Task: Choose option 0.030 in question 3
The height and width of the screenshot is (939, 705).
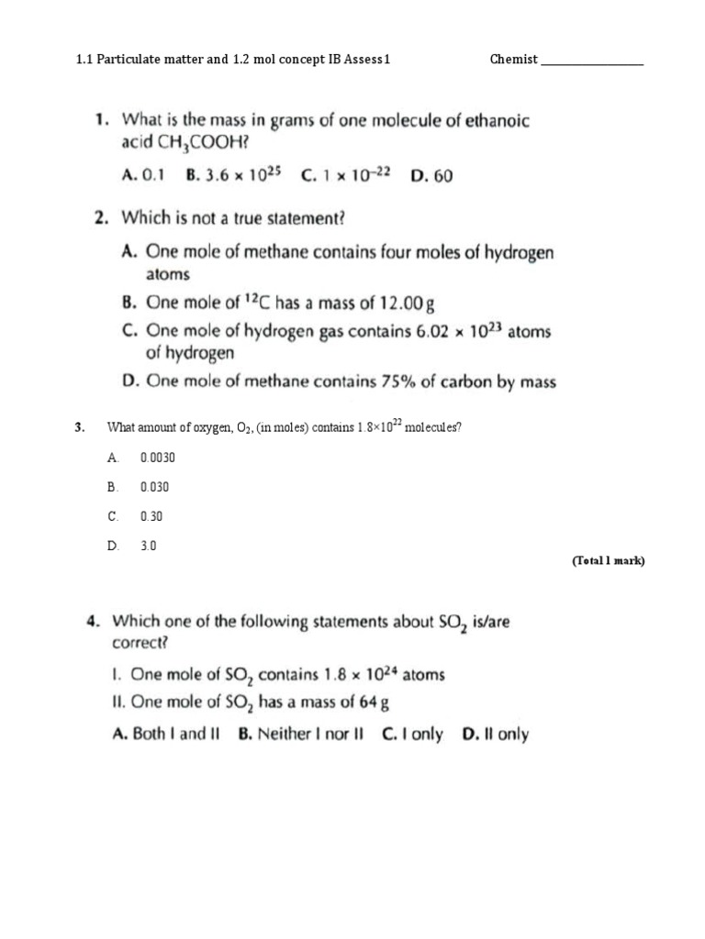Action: coord(154,486)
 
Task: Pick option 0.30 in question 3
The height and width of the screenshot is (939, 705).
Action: coord(151,516)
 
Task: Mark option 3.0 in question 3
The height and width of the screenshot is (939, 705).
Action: coord(149,546)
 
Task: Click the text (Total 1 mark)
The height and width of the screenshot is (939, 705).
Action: coord(609,561)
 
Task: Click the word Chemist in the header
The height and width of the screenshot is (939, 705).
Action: coord(513,61)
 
